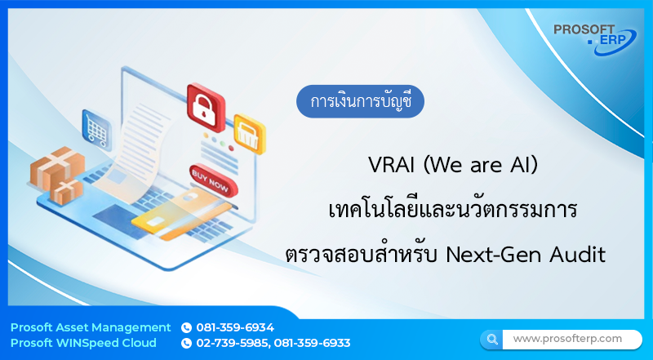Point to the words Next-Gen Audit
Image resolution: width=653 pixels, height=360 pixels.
pyautogui.click(x=525, y=255)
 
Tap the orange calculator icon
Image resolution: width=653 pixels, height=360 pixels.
pyautogui.click(x=248, y=132)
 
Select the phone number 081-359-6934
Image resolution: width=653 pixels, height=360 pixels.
pyautogui.click(x=235, y=327)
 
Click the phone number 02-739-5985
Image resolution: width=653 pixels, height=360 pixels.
pyautogui.click(x=233, y=343)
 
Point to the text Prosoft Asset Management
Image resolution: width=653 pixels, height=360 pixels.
pyautogui.click(x=91, y=327)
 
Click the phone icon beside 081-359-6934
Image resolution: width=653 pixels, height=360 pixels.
pyautogui.click(x=186, y=327)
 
